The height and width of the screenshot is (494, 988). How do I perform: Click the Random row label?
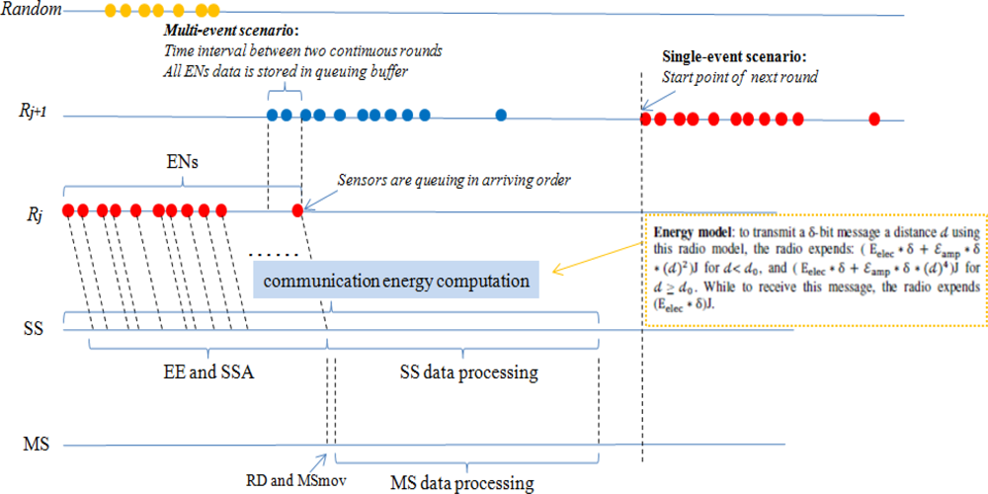tap(32, 11)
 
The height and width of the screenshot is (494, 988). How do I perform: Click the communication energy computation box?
tap(396, 282)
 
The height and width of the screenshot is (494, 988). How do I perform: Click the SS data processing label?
tap(468, 372)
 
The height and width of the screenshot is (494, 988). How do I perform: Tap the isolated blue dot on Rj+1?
tap(501, 116)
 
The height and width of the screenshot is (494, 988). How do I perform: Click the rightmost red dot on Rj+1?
tap(874, 120)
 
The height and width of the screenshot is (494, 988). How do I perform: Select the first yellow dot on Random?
tap(111, 11)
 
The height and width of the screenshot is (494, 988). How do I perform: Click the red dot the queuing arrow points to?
tap(297, 209)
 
